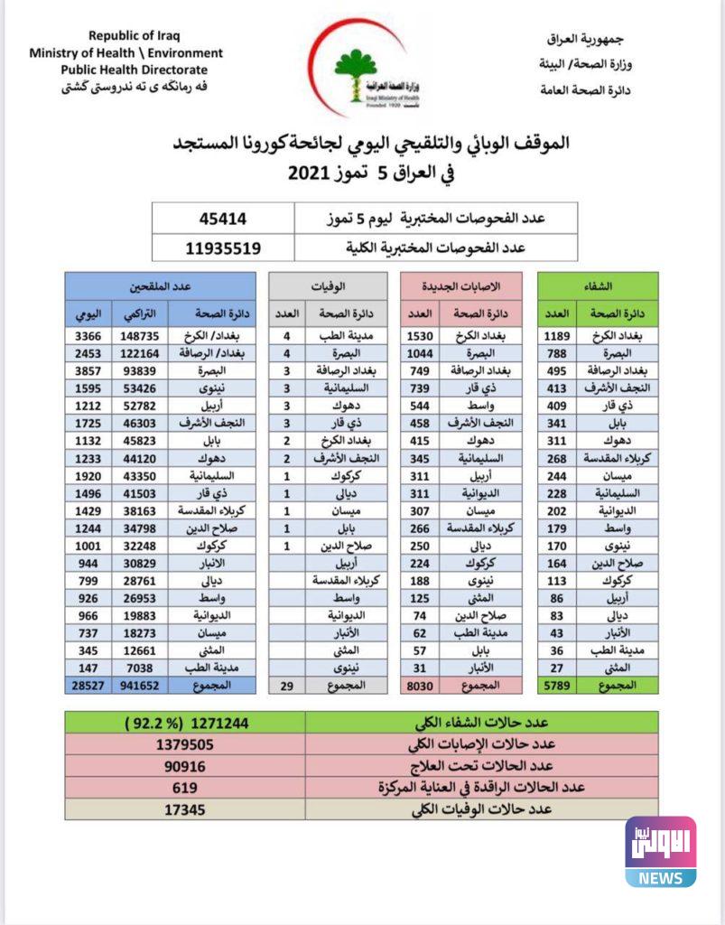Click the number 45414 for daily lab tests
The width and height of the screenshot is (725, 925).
point(223,219)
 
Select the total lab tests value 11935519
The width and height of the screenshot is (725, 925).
point(223,247)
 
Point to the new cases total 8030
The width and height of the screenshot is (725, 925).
point(421,687)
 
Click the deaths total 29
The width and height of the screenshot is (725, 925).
point(286,687)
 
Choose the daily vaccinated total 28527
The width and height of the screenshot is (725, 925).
point(88,687)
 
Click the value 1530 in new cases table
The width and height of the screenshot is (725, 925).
point(421,336)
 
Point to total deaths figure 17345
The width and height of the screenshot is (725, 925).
point(184,809)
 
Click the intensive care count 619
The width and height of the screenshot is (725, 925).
point(184,787)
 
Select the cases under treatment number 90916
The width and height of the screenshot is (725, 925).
point(184,765)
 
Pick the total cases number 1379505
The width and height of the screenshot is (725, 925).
point(184,743)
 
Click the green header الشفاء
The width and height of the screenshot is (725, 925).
point(598,285)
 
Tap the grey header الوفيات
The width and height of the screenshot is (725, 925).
point(330,285)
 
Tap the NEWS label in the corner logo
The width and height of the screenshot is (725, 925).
point(660,877)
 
